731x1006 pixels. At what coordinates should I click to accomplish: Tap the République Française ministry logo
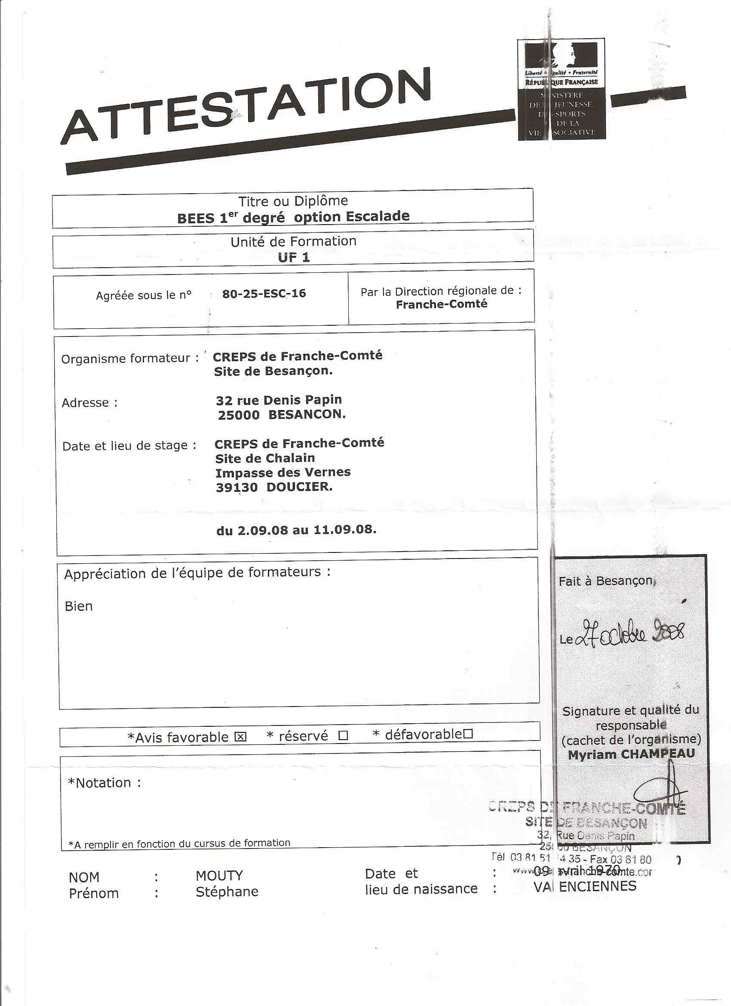pos(562,90)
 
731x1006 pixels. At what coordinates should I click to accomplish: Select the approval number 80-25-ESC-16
pos(264,293)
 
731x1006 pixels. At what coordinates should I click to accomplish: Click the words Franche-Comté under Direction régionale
pos(442,304)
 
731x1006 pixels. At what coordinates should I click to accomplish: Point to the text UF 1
pos(293,257)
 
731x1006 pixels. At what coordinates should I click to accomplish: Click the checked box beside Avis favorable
pos(241,737)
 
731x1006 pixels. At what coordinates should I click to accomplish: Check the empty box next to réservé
pos(343,736)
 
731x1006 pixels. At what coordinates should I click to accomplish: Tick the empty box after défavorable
pos(468,734)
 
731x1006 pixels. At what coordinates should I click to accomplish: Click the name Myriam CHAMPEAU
pos(631,753)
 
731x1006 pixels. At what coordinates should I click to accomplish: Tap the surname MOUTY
pos(219,876)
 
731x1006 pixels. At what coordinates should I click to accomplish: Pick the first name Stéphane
pos(227,892)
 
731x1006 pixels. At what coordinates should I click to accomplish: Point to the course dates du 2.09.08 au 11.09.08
pos(296,530)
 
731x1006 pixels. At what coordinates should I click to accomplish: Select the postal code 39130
pos(237,487)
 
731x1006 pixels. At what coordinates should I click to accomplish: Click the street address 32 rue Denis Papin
pos(279,400)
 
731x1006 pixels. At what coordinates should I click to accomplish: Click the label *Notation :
pos(104,783)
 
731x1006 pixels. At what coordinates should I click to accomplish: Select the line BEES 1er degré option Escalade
pos(293,217)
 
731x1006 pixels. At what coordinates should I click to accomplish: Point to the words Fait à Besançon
pos(605,580)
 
